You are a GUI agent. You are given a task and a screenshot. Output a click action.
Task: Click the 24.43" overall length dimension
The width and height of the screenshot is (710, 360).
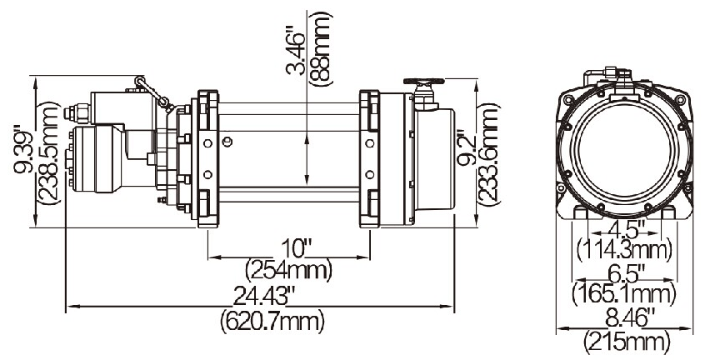pyautogui.click(x=264, y=297)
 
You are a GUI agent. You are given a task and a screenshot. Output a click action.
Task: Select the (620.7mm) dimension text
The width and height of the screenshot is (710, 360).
pyautogui.click(x=272, y=322)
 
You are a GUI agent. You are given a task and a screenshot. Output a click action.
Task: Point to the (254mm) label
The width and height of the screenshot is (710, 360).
pyautogui.click(x=289, y=270)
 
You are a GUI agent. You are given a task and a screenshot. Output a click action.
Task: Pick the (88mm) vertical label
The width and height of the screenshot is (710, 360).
pyautogui.click(x=320, y=48)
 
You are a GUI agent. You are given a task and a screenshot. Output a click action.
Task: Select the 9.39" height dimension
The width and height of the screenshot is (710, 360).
pyautogui.click(x=24, y=152)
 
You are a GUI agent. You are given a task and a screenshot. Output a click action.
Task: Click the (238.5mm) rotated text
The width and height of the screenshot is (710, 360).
pyautogui.click(x=48, y=152)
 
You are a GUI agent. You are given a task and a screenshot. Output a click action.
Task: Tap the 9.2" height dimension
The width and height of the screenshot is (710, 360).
pyautogui.click(x=467, y=148)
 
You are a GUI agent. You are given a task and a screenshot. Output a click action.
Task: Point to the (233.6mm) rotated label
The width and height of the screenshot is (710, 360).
pyautogui.click(x=489, y=154)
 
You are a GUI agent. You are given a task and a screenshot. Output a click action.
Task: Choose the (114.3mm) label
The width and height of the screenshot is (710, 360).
pyautogui.click(x=624, y=250)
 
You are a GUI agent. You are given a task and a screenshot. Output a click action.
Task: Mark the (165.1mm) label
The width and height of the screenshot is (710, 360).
pyautogui.click(x=624, y=294)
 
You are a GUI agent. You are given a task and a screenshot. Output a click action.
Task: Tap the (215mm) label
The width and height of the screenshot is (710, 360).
pyautogui.click(x=626, y=342)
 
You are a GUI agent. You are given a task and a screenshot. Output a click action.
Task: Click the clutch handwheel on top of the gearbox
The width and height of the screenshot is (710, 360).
pyautogui.click(x=423, y=82)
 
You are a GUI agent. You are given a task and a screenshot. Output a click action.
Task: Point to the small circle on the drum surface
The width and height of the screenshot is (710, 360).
pyautogui.click(x=227, y=142)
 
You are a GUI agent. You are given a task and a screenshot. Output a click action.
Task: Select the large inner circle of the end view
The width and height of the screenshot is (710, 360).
pyautogui.click(x=624, y=150)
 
